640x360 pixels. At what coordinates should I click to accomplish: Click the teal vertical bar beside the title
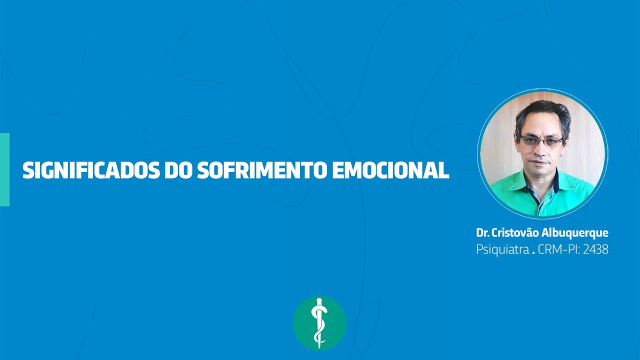click(4, 169)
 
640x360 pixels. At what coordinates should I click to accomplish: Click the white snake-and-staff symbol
click(318, 322)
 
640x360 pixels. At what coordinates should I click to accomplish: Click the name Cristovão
click(515, 233)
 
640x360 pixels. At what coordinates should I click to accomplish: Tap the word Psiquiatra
click(502, 249)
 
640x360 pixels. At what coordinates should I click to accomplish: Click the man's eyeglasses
click(541, 141)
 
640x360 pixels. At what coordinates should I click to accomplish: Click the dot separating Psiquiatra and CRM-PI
click(533, 252)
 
